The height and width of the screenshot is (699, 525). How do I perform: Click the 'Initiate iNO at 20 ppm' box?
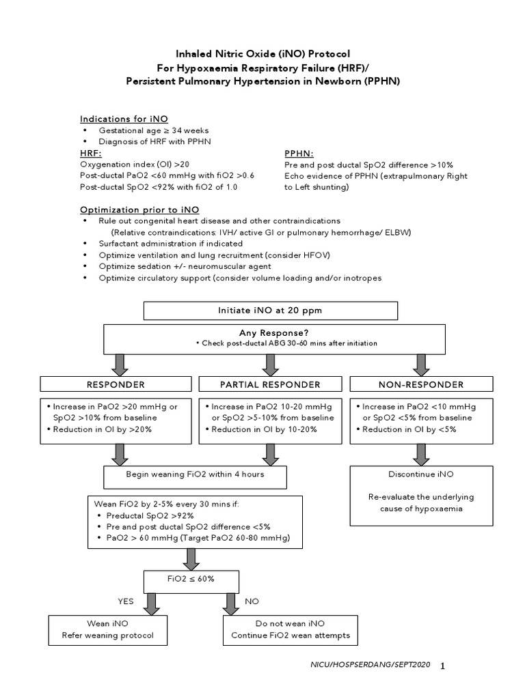click(x=270, y=311)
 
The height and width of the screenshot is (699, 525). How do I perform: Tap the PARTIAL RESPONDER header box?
click(x=270, y=384)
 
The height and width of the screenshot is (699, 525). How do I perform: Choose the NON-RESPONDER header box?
click(x=420, y=384)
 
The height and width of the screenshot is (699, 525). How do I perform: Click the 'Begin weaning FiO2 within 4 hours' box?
click(x=195, y=474)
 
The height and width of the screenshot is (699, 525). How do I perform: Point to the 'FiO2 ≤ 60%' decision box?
click(x=191, y=579)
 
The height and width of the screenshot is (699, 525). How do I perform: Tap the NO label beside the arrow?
click(x=251, y=601)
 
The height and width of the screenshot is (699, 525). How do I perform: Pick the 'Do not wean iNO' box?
click(x=291, y=629)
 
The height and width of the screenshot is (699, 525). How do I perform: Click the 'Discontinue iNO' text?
click(x=420, y=473)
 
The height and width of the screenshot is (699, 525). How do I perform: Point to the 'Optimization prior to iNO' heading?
click(x=139, y=210)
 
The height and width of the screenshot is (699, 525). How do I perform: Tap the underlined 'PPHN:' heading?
click(x=299, y=154)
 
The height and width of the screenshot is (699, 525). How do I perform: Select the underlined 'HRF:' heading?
click(x=90, y=154)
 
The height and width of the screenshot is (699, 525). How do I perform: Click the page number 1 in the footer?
click(x=443, y=666)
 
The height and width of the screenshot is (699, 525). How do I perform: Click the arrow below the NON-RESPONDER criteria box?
click(x=420, y=453)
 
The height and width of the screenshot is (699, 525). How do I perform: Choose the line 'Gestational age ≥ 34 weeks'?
click(x=154, y=130)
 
